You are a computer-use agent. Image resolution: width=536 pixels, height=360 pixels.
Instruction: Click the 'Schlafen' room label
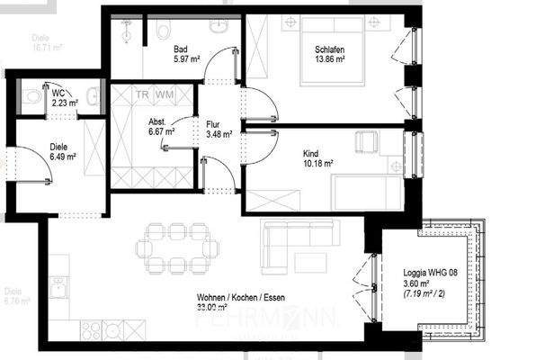(330, 49)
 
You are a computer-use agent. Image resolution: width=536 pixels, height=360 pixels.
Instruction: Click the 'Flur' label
(214, 123)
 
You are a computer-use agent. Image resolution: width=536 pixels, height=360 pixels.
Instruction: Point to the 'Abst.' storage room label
(150, 120)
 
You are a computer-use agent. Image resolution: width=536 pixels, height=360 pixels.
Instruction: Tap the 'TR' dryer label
(142, 94)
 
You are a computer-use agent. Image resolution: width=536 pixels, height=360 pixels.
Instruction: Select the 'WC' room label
(58, 93)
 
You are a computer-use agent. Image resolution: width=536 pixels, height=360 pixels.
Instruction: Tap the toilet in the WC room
(31, 95)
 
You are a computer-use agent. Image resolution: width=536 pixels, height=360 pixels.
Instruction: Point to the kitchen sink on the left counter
(58, 288)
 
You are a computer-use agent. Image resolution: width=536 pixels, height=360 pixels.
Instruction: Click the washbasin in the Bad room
(219, 26)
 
